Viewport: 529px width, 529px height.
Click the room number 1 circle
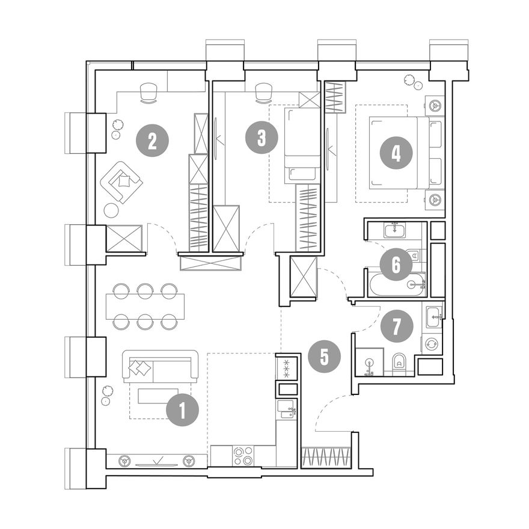(x=183, y=410)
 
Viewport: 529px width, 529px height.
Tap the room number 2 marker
(x=152, y=140)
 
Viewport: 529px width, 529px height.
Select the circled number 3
(x=262, y=138)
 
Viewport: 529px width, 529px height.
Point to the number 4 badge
(x=396, y=153)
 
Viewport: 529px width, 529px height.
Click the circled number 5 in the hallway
(x=324, y=356)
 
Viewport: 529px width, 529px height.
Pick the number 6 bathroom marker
(x=396, y=265)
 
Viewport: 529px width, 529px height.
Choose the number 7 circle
(x=397, y=326)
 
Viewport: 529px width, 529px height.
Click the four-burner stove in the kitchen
(x=243, y=456)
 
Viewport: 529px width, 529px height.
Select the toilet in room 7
(x=400, y=364)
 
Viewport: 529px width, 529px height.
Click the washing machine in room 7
(x=432, y=344)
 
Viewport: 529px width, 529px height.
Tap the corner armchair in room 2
(x=121, y=182)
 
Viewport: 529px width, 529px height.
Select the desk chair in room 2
(x=148, y=93)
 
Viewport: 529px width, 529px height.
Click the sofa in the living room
(x=161, y=366)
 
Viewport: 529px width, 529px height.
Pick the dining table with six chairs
(x=145, y=307)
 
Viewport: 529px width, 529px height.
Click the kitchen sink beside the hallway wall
(x=286, y=409)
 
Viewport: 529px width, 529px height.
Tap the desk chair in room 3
(x=263, y=93)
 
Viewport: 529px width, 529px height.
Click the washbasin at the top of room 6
(x=396, y=231)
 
